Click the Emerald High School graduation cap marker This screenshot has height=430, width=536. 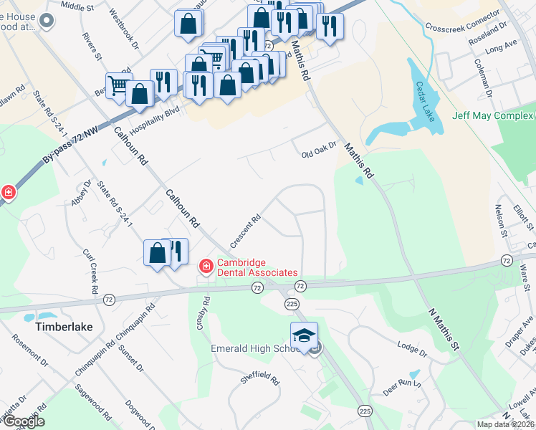point(304,335)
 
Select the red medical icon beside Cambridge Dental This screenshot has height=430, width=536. point(206,267)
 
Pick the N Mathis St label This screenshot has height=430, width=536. point(443,328)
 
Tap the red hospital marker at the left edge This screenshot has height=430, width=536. point(7,192)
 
